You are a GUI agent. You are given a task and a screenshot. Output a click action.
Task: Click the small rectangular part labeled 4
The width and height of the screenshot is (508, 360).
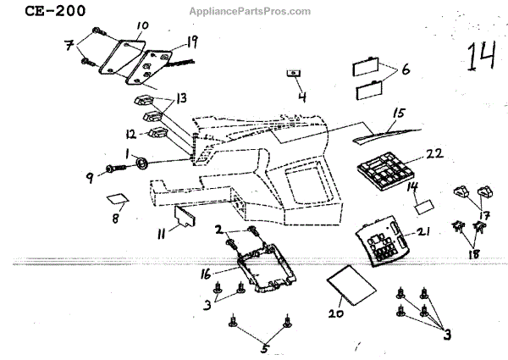[x=293, y=75]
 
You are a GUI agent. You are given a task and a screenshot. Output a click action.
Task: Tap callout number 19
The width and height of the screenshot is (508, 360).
[x=192, y=41]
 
